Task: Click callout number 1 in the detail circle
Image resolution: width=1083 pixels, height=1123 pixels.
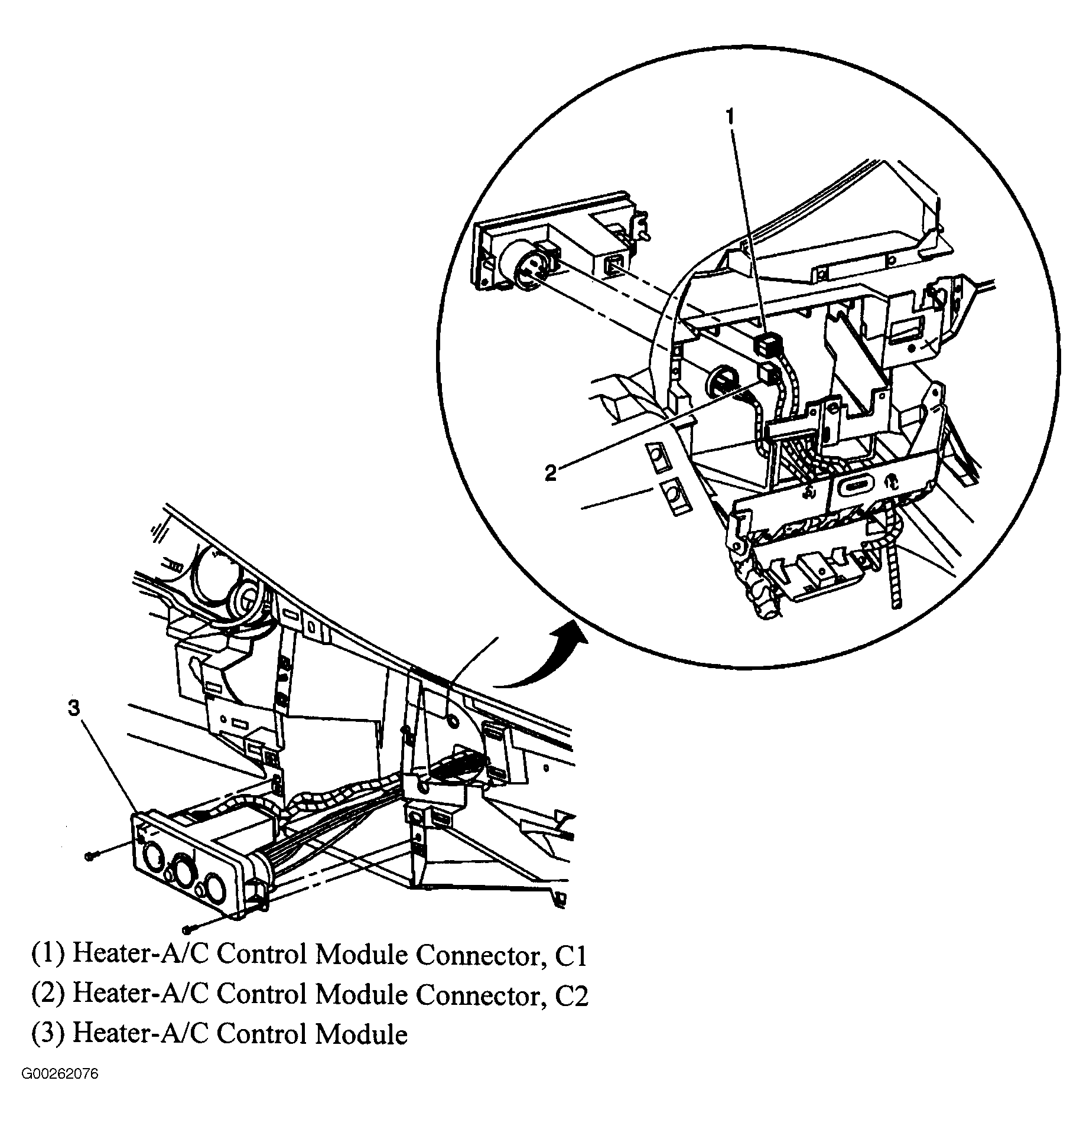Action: tap(731, 116)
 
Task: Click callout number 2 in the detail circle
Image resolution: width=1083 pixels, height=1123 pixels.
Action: tap(551, 473)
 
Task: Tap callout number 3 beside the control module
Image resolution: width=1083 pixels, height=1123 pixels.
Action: tap(73, 708)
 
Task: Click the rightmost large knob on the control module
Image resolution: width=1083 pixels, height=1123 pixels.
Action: tap(216, 890)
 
